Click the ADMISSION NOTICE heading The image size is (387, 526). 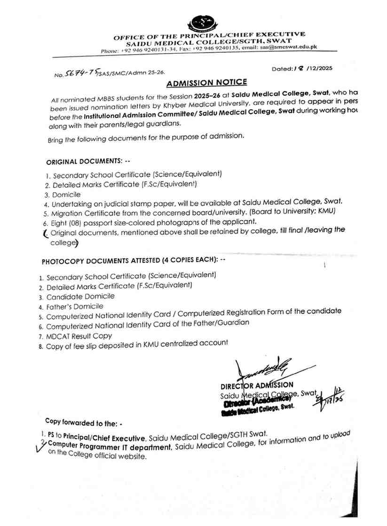point(207,83)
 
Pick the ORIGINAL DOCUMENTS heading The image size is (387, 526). point(85,161)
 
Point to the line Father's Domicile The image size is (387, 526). point(75,306)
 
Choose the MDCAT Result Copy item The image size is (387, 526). point(79,336)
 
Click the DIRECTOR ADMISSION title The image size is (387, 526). point(257,385)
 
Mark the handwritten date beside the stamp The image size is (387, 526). point(334,399)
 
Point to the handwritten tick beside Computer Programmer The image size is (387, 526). point(40,446)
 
